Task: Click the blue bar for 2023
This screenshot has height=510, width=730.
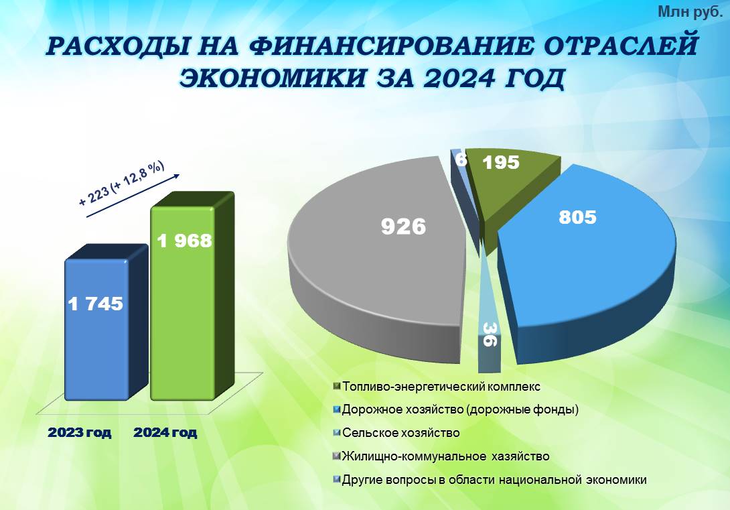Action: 97,328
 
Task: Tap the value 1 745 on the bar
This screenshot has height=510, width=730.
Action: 96,304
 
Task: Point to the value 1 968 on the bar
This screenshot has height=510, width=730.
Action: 184,241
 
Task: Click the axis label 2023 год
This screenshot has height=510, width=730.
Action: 80,433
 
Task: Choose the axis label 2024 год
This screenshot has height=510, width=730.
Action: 165,433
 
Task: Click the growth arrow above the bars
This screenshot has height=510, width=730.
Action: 133,196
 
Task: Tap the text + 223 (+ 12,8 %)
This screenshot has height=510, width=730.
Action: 121,184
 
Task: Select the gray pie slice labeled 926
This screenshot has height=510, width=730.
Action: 377,261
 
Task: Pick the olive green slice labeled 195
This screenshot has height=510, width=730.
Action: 510,182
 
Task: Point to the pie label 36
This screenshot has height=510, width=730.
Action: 490,334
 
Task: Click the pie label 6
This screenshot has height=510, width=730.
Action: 461,160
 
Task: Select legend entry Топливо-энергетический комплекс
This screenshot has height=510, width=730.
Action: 437,387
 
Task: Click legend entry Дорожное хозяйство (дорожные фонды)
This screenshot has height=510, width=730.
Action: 456,410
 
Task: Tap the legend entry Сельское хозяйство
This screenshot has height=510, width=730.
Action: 396,433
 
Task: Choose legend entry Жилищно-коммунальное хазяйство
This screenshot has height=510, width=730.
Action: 441,456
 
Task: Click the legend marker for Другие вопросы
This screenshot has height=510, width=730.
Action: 337,479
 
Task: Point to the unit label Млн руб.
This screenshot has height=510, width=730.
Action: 690,13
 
